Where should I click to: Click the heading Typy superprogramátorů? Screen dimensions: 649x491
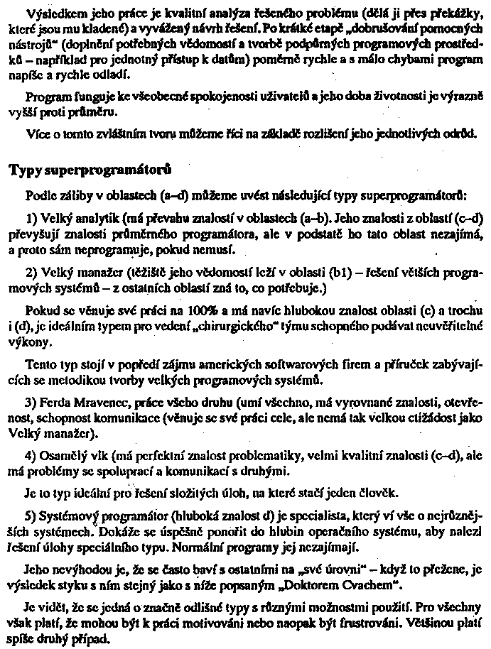(90, 171)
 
